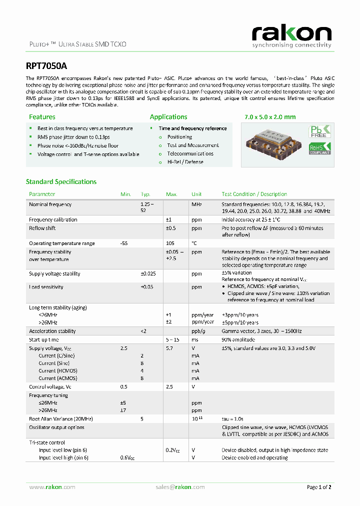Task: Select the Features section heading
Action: click(x=42, y=117)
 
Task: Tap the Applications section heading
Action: click(x=168, y=117)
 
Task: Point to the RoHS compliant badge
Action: click(x=320, y=148)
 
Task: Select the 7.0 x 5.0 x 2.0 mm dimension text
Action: click(x=270, y=117)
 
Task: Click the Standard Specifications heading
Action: click(x=61, y=181)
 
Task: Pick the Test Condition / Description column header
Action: click(x=254, y=194)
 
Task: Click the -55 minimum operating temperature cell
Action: click(x=124, y=243)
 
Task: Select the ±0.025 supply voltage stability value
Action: click(x=148, y=274)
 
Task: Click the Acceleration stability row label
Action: click(x=52, y=331)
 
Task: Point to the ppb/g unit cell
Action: click(x=198, y=331)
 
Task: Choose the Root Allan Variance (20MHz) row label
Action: click(x=61, y=418)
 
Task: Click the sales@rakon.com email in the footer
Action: click(x=180, y=487)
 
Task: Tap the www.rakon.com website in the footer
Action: click(x=52, y=487)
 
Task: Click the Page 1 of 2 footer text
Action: click(x=318, y=487)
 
